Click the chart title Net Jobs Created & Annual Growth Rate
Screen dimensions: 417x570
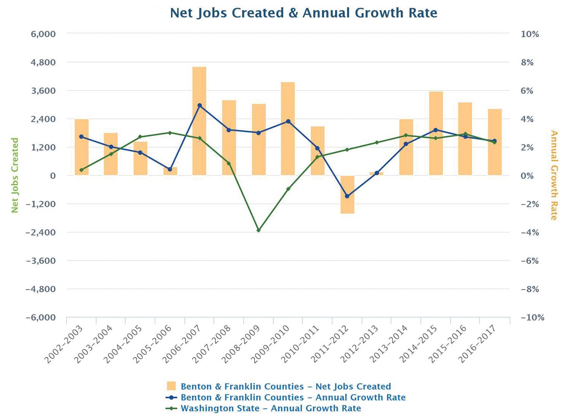[x=303, y=13]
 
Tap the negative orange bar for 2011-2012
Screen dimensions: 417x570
[x=347, y=194]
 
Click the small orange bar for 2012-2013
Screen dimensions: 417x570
[x=377, y=174]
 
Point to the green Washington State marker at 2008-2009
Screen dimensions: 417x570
[x=258, y=230]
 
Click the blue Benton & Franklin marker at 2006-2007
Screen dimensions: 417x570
[x=199, y=105]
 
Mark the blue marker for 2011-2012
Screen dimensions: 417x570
[x=347, y=196]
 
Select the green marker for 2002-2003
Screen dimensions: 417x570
[x=81, y=170]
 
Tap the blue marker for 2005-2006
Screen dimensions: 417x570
[x=170, y=169]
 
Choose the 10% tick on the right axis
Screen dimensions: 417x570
[x=530, y=34]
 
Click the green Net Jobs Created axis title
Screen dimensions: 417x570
[x=15, y=175]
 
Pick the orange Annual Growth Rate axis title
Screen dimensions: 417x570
[x=554, y=175]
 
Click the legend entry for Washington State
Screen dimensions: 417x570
[x=271, y=409]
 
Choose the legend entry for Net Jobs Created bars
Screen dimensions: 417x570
[x=285, y=387]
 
